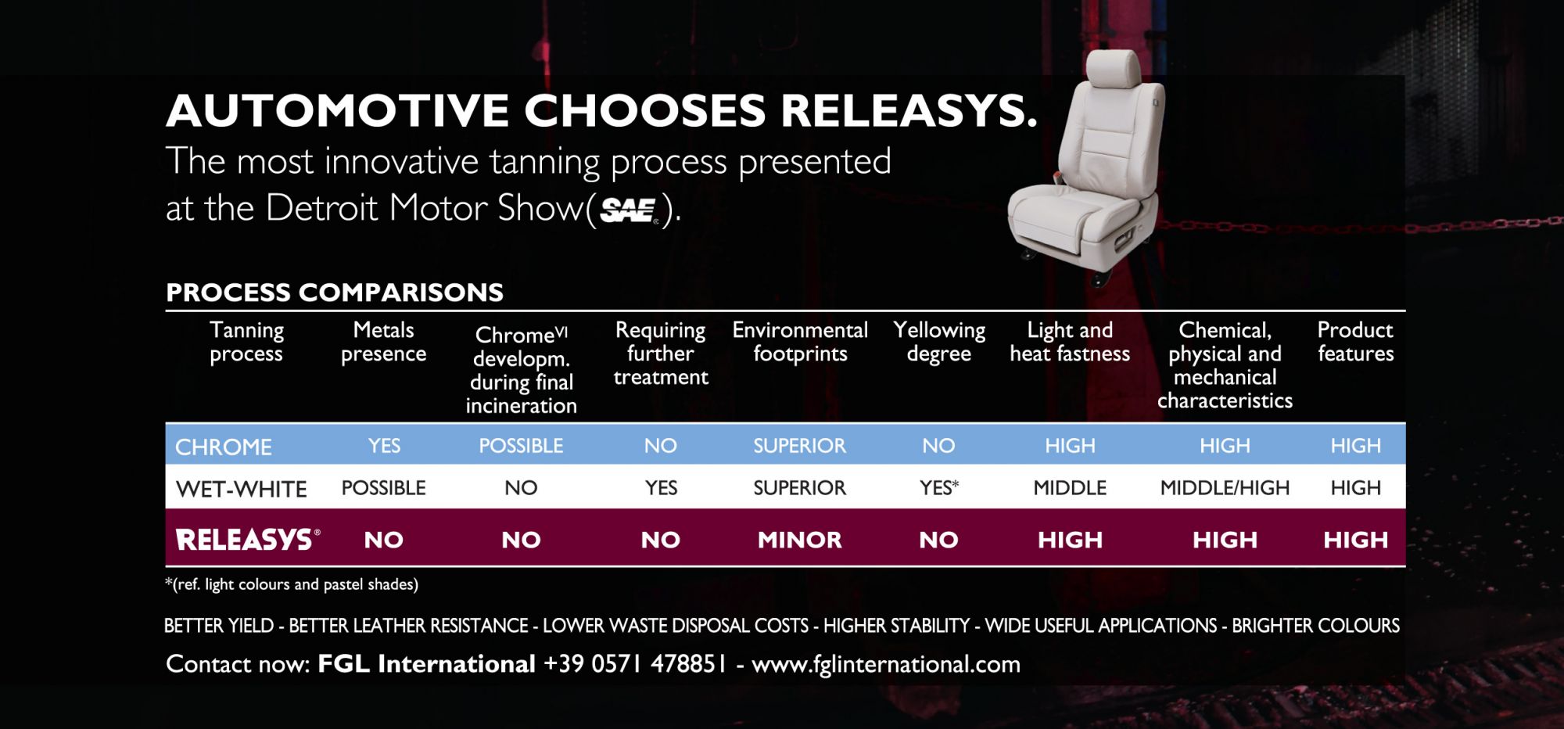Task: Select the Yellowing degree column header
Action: [x=939, y=342]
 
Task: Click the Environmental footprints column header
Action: [x=800, y=342]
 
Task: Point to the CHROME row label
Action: [x=224, y=447]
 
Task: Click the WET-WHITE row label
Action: [x=242, y=489]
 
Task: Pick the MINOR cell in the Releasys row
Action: [x=800, y=540]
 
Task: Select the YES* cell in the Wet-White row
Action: [x=939, y=488]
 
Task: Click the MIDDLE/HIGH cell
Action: [x=1225, y=488]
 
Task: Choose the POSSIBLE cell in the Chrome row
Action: [x=521, y=446]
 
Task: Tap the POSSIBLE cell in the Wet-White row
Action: [x=384, y=488]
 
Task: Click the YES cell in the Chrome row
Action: [x=384, y=446]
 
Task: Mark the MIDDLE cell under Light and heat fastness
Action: [x=1070, y=488]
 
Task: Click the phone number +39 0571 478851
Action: [x=635, y=664]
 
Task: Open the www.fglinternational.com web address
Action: [x=886, y=665]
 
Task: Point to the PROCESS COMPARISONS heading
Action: [x=335, y=293]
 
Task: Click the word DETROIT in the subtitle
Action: [x=323, y=208]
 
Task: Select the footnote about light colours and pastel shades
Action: [x=292, y=584]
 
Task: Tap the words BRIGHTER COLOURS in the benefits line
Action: [x=1316, y=626]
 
